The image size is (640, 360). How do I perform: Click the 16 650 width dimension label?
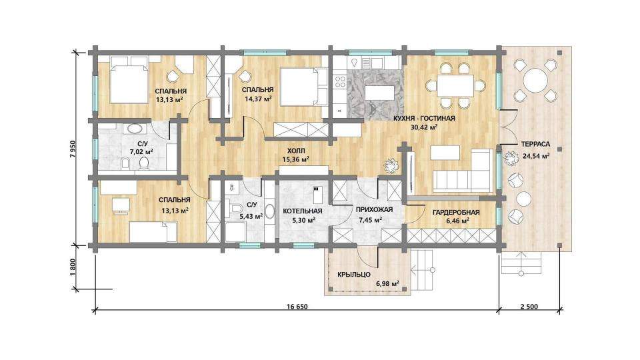pos(298,307)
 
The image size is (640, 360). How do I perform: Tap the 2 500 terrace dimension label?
pos(529,307)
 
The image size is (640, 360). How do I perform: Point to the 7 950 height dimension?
pos(73,149)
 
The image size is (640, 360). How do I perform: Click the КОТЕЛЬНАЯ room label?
pos(303,211)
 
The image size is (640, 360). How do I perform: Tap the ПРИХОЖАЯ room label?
pos(374,210)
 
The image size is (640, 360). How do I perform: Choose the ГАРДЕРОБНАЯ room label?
pos(456,212)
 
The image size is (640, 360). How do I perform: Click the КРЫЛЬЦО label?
pos(354,274)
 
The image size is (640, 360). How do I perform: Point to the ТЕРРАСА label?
pos(535,144)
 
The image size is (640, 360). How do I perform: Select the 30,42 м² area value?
pos(424,127)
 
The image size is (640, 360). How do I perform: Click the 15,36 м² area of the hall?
pos(295,159)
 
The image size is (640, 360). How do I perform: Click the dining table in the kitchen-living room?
pos(455,86)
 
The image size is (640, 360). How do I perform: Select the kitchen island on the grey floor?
pos(379,93)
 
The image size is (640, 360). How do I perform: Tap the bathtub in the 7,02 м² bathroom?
pos(134,129)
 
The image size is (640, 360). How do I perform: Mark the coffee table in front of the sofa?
pos(445,153)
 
